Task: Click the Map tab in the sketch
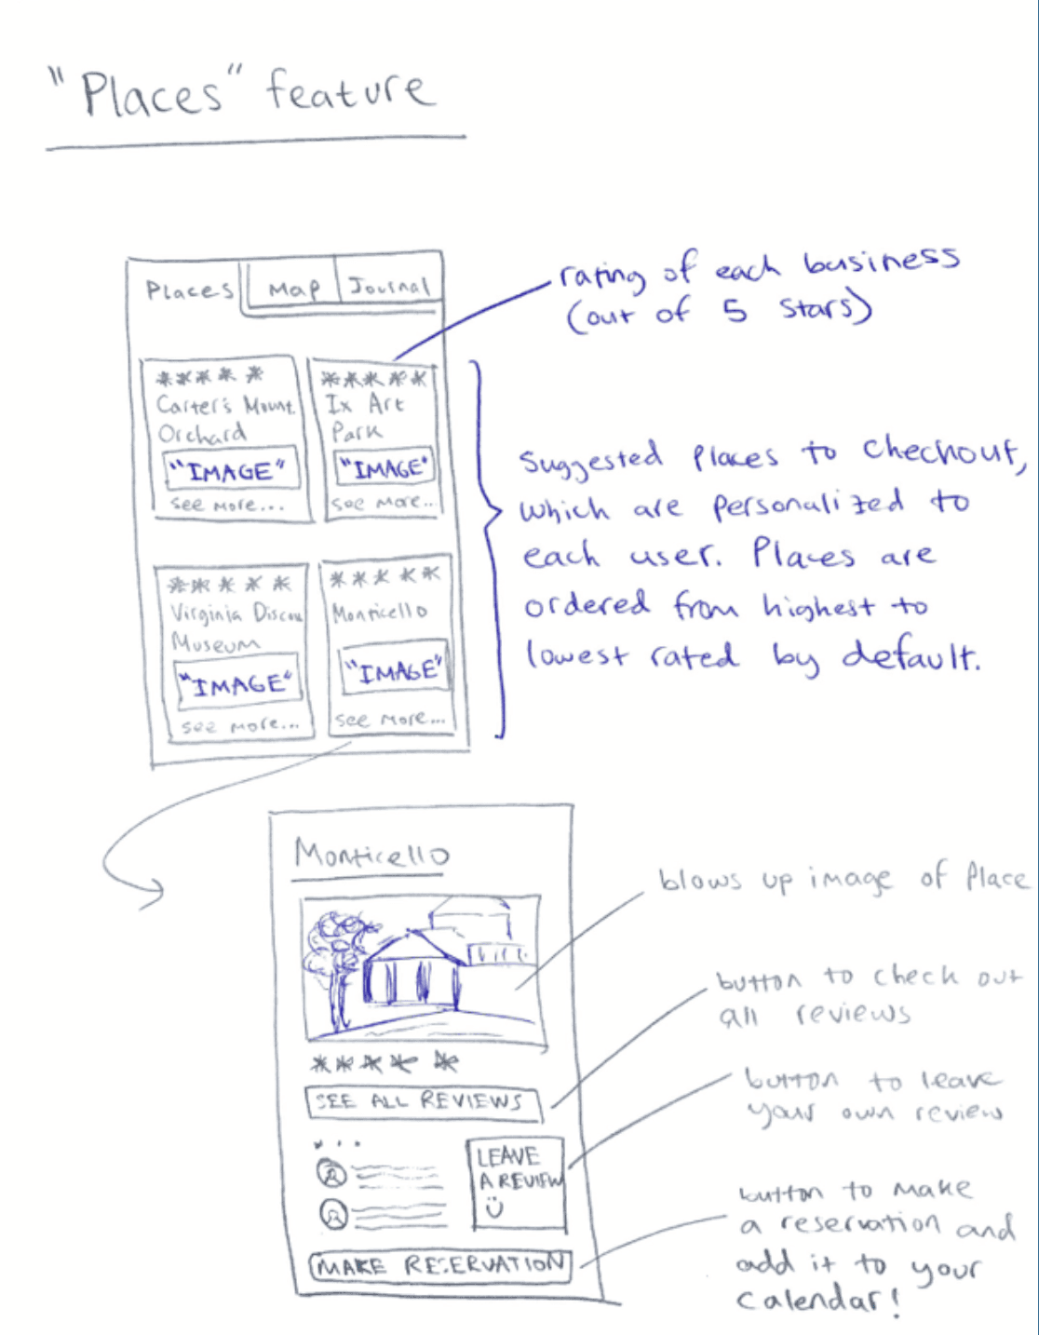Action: (292, 289)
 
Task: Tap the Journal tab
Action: (389, 286)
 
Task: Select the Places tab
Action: (189, 290)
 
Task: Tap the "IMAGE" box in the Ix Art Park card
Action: (384, 467)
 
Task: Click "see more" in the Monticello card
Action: (389, 719)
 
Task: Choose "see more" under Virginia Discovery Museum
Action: (239, 724)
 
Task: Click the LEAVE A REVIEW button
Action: (517, 1182)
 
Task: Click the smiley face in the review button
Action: (493, 1207)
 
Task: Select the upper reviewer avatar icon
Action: (332, 1173)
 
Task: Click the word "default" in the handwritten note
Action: (910, 656)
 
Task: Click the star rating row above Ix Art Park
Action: (372, 379)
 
